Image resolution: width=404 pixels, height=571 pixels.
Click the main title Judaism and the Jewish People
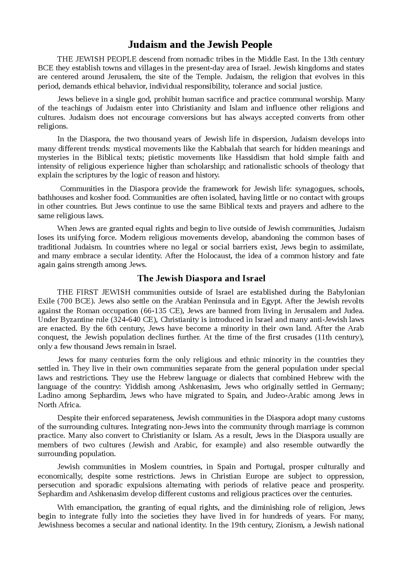(200, 45)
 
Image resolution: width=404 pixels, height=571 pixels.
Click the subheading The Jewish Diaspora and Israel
(201, 278)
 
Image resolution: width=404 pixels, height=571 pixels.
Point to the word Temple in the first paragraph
(207, 77)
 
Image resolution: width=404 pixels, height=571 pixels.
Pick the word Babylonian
(346, 292)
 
